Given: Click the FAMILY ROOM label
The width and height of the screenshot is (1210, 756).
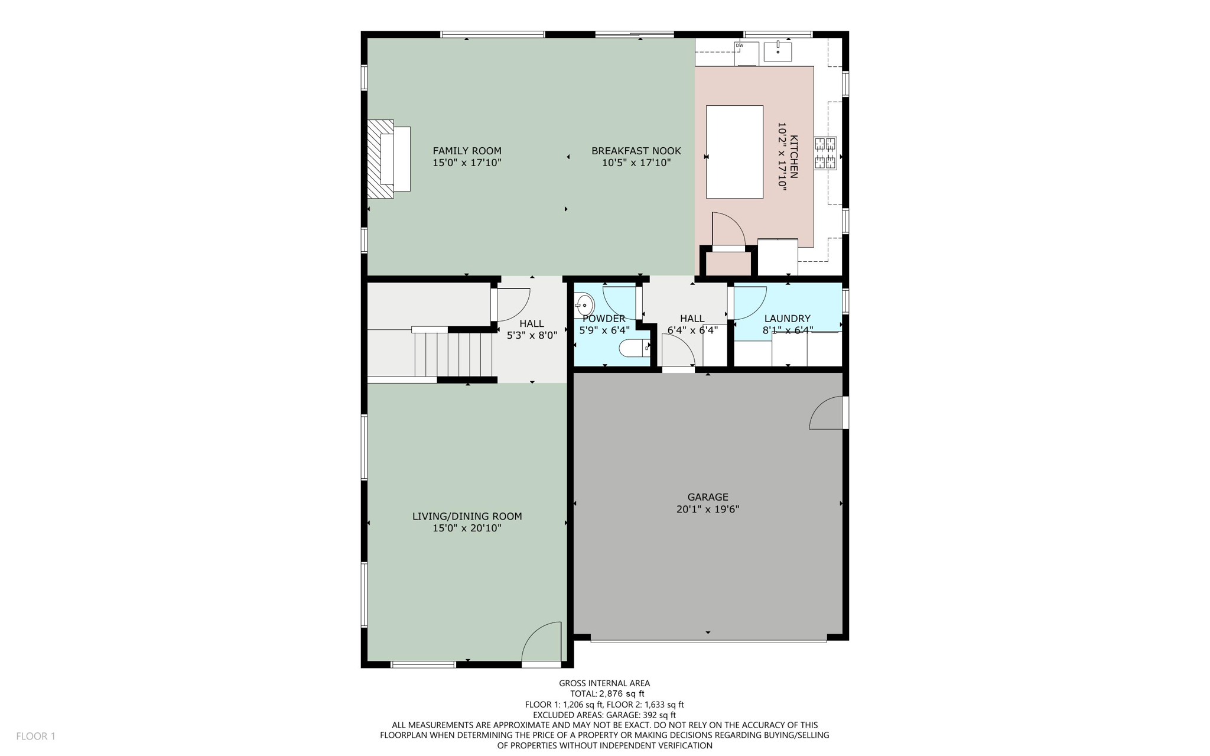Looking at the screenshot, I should point(467,151).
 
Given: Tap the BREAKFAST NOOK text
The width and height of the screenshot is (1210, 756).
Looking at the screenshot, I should point(636,151).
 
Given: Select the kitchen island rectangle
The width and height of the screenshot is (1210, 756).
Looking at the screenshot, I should point(734,152).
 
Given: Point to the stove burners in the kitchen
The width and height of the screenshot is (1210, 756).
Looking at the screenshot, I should point(825,153).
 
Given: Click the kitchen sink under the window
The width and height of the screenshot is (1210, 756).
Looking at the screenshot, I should point(778,51).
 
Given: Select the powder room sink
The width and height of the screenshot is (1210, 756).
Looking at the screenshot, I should point(584,306).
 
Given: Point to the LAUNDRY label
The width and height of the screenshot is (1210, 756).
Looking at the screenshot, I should point(787,319).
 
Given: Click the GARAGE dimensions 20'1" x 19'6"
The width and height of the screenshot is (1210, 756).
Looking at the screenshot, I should point(708,509).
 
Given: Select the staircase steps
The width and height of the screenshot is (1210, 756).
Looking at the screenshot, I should point(453,354).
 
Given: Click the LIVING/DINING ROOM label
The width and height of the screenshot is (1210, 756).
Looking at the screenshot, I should point(467,516).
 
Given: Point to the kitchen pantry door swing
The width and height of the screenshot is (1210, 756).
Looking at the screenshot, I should point(727,229).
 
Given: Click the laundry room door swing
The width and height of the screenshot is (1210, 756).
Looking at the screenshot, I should point(749,302).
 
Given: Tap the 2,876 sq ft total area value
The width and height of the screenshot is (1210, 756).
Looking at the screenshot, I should point(622,694).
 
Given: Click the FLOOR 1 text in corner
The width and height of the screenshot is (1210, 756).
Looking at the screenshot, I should point(35,736).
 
